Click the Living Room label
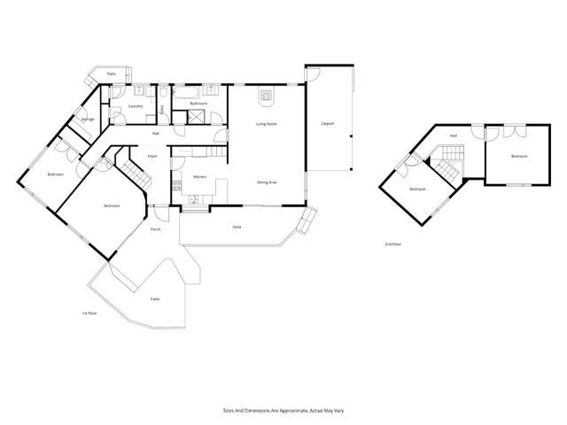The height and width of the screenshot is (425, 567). [x=263, y=124]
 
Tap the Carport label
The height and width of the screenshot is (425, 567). [x=327, y=124]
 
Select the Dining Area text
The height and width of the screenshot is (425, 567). [x=267, y=182]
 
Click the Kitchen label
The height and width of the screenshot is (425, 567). [x=200, y=178]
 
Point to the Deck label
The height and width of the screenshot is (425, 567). [x=237, y=227]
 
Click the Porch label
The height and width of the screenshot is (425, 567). [x=155, y=229]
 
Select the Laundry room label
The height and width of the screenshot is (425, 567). [x=136, y=106]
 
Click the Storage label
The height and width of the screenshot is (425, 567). [x=88, y=119]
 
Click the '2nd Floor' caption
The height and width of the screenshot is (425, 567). [x=392, y=243]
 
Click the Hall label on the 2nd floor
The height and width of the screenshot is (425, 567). [x=454, y=136]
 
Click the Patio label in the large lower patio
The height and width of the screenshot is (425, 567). [x=154, y=299]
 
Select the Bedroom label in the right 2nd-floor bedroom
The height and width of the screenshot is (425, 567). [x=518, y=157]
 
